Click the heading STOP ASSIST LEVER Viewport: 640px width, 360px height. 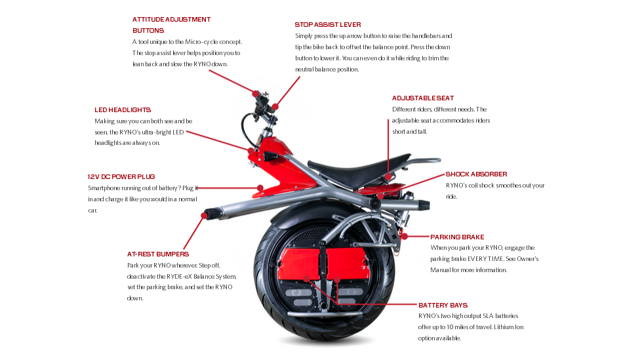pyautogui.click(x=328, y=24)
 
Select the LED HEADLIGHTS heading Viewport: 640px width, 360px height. pyautogui.click(x=123, y=110)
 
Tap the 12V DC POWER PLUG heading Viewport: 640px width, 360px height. pyautogui.click(x=121, y=177)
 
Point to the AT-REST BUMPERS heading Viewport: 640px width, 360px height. pyautogui.click(x=158, y=254)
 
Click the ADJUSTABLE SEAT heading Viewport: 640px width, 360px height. pyautogui.click(x=423, y=98)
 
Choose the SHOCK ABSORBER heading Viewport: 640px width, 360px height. pyautogui.click(x=476, y=174)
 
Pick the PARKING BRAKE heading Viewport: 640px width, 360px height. pyautogui.click(x=457, y=237)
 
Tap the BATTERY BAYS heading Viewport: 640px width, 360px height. pyautogui.click(x=443, y=306)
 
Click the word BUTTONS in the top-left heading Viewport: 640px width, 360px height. pyautogui.click(x=148, y=31)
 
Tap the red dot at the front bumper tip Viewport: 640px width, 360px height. pyautogui.click(x=204, y=215)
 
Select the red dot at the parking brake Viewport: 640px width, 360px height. pyautogui.click(x=404, y=236)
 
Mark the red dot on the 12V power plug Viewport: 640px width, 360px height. pyautogui.click(x=260, y=188)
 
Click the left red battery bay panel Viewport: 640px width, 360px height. pyautogui.click(x=300, y=264)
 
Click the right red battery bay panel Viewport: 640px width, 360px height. pyautogui.click(x=348, y=264)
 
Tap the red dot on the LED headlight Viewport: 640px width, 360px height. pyautogui.click(x=250, y=150)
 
